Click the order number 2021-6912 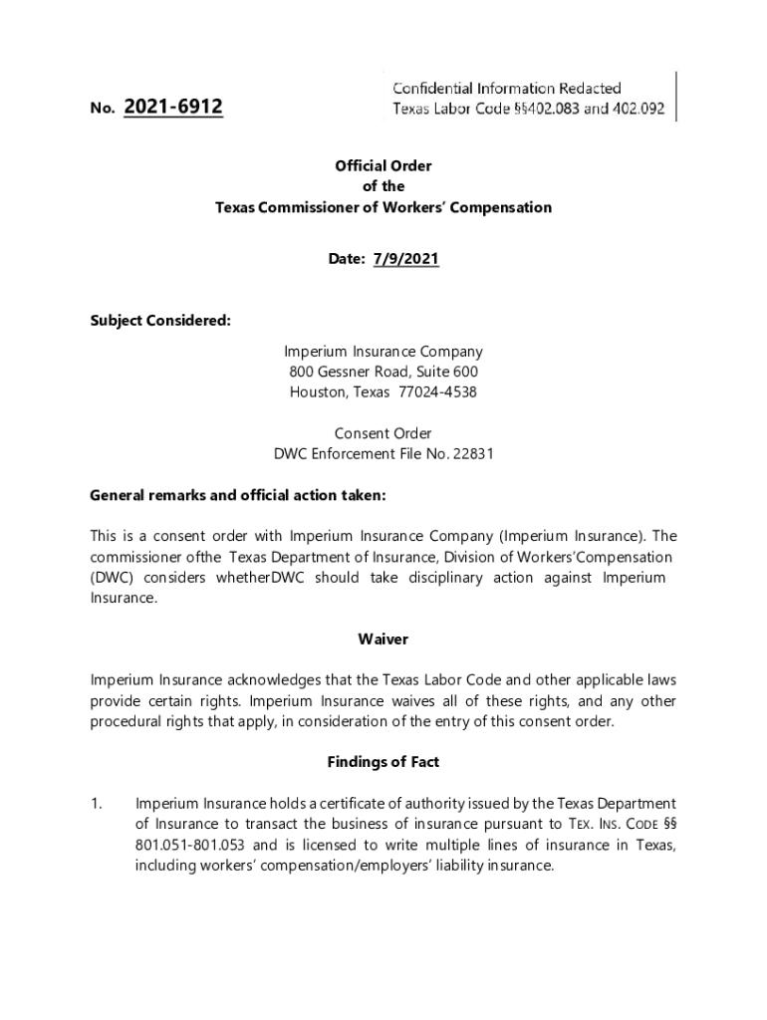(x=173, y=106)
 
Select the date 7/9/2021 (x=405, y=259)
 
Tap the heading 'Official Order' (x=383, y=166)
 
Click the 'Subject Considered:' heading (x=160, y=321)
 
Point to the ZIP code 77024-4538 (x=437, y=392)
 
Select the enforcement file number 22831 (x=471, y=454)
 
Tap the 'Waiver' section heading (x=383, y=638)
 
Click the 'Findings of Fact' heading (x=383, y=762)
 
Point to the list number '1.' (x=98, y=804)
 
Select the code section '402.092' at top (x=637, y=109)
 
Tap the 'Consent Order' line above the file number (x=383, y=433)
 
